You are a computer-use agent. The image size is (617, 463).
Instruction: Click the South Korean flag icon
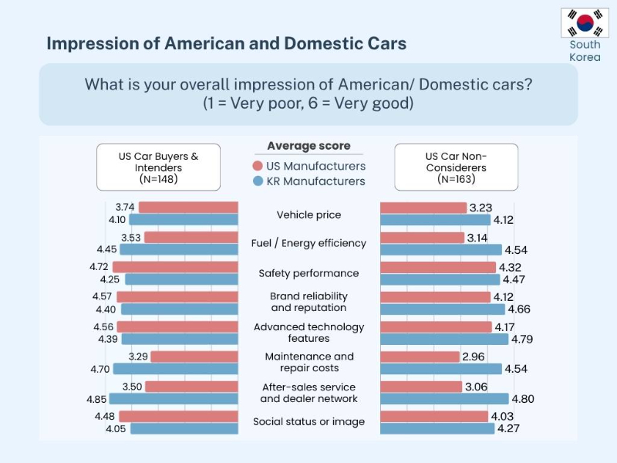point(585,23)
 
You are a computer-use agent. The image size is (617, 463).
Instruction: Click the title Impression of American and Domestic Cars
point(226,42)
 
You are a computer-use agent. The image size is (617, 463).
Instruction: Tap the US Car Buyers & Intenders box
point(158,167)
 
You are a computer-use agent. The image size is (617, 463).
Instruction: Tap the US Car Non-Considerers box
point(456,167)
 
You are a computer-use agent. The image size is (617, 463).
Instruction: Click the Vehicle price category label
point(308,215)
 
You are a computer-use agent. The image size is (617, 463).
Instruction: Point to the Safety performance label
point(308,273)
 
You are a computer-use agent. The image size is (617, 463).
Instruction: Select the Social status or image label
point(308,421)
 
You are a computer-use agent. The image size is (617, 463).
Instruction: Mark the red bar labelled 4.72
point(175,267)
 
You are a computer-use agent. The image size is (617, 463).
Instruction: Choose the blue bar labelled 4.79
point(444,339)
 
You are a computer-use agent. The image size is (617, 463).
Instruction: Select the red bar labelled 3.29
point(194,357)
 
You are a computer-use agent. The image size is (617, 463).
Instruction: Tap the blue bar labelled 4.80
point(444,399)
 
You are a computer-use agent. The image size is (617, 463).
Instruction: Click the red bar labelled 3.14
point(422,238)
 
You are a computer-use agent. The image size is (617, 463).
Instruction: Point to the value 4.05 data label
point(116,428)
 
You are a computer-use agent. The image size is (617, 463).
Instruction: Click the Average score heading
point(308,146)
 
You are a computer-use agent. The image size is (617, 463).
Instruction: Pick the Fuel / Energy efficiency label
point(308,243)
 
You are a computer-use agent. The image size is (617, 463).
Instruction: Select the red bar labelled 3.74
point(188,208)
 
